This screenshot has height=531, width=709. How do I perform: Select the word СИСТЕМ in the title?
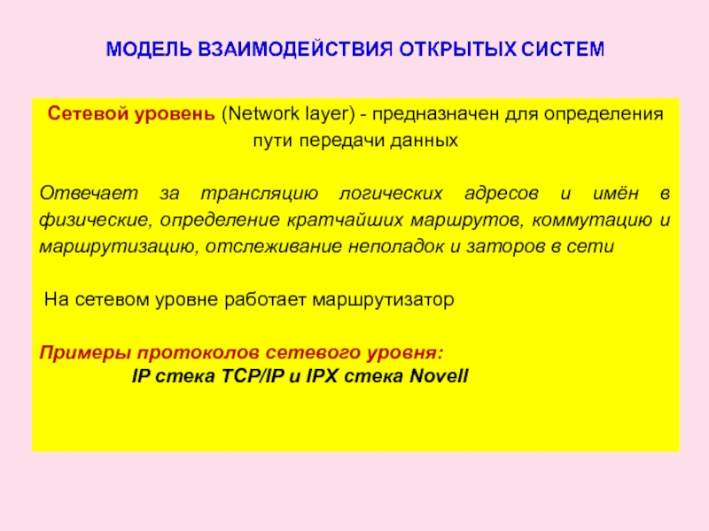coord(562,47)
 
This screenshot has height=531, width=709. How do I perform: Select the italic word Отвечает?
coord(82,192)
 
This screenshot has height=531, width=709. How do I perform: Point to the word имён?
coord(604,192)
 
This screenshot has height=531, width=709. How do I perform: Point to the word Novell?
coord(439,375)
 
